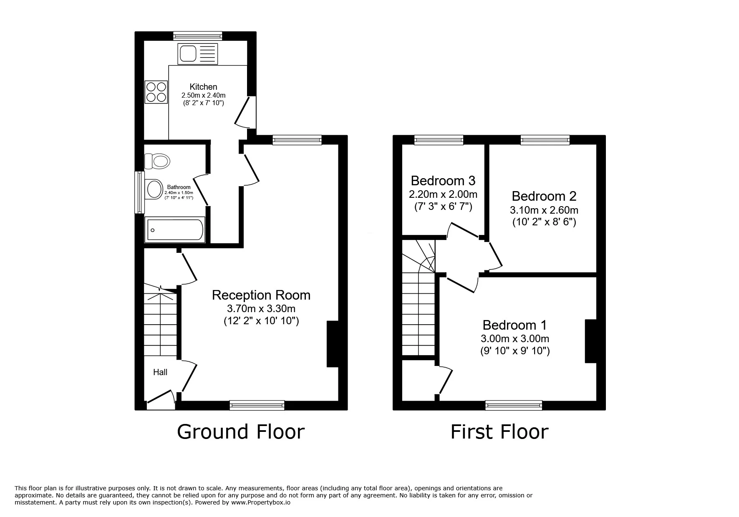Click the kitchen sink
pyautogui.click(x=197, y=54)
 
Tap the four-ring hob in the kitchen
pyautogui.click(x=156, y=92)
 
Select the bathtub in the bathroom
pyautogui.click(x=175, y=229)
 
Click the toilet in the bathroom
pyautogui.click(x=157, y=161)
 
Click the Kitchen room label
pyautogui.click(x=203, y=87)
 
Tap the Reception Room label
pyautogui.click(x=261, y=295)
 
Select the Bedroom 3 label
pyautogui.click(x=443, y=181)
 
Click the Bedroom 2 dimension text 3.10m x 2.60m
pyautogui.click(x=544, y=210)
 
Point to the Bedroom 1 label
pyautogui.click(x=515, y=325)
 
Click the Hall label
pyautogui.click(x=160, y=372)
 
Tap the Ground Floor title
pyautogui.click(x=241, y=431)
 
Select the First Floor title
pyautogui.click(x=499, y=432)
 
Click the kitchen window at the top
pyautogui.click(x=197, y=36)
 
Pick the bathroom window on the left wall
pyautogui.click(x=139, y=192)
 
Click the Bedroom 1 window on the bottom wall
pyautogui.click(x=514, y=405)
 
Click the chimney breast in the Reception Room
pyautogui.click(x=333, y=344)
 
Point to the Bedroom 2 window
pyautogui.click(x=545, y=140)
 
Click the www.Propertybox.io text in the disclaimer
pyautogui.click(x=260, y=502)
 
